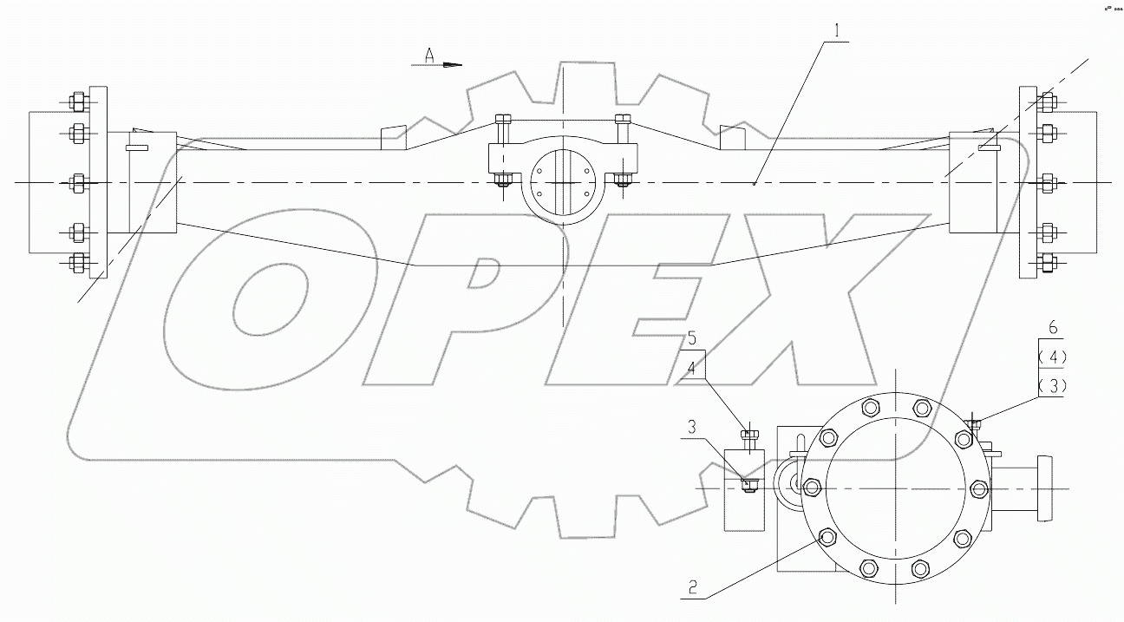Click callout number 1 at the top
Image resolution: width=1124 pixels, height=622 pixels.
pos(837,31)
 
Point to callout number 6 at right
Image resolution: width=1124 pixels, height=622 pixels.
pos(1053,326)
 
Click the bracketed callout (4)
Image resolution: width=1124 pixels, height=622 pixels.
pos(1053,356)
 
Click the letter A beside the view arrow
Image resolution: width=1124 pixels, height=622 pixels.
pos(428,55)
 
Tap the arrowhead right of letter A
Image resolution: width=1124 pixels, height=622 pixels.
pos(453,64)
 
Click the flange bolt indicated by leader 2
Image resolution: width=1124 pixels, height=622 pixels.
pos(826,538)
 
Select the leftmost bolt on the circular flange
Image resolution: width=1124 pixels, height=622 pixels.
pos(811,487)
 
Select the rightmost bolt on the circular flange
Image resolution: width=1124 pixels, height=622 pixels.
pos(978,488)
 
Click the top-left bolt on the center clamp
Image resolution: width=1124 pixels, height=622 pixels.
pos(501,121)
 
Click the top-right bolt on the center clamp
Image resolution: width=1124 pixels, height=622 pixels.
pos(621,121)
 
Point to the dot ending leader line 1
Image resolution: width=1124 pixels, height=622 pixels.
pos(755,183)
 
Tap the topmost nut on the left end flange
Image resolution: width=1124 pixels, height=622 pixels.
pos(75,101)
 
